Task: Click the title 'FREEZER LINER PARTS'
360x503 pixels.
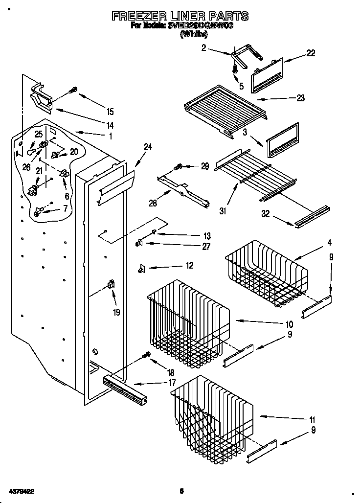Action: click(x=180, y=16)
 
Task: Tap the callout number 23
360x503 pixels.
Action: click(x=300, y=98)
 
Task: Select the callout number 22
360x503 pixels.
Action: click(x=311, y=53)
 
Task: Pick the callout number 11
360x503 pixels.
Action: click(x=312, y=420)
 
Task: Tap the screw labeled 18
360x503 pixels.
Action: click(x=146, y=356)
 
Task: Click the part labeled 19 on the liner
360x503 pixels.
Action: click(x=111, y=285)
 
